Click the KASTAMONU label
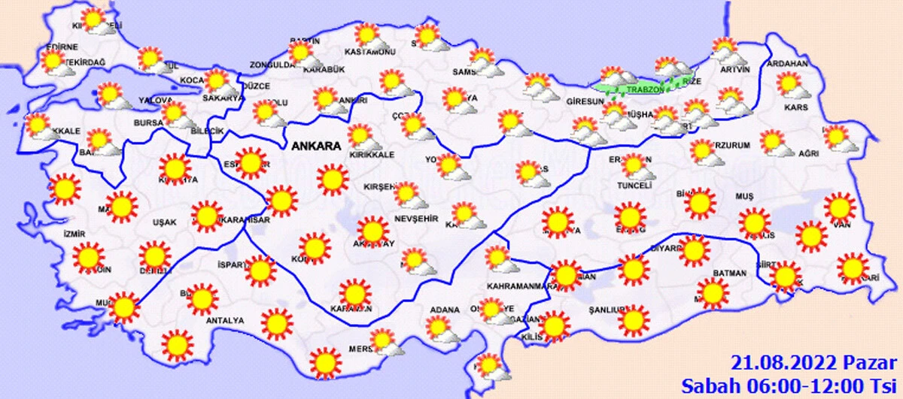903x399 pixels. [369, 52]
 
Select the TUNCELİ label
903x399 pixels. [633, 184]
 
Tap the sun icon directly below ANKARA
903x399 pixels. [333, 179]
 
